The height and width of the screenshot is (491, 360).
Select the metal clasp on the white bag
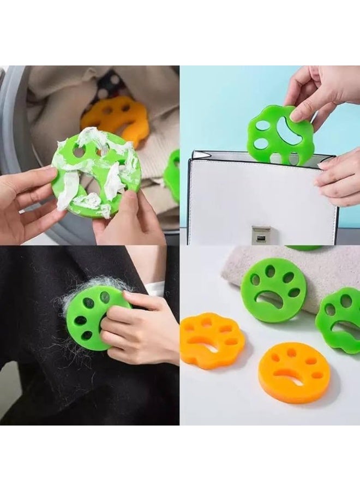[x=261, y=233]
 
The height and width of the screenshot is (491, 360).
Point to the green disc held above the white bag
[x=278, y=135]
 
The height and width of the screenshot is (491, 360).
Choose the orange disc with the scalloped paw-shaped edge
[x=212, y=340]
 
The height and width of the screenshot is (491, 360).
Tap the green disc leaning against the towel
[x=273, y=289]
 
